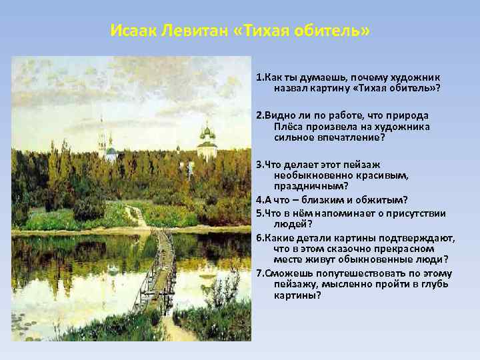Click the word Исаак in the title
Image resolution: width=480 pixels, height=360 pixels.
click(131, 32)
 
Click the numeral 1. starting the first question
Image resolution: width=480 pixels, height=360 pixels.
click(259, 77)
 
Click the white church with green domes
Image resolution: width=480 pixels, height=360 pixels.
click(207, 142)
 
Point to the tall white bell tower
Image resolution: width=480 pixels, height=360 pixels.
click(102, 137)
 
